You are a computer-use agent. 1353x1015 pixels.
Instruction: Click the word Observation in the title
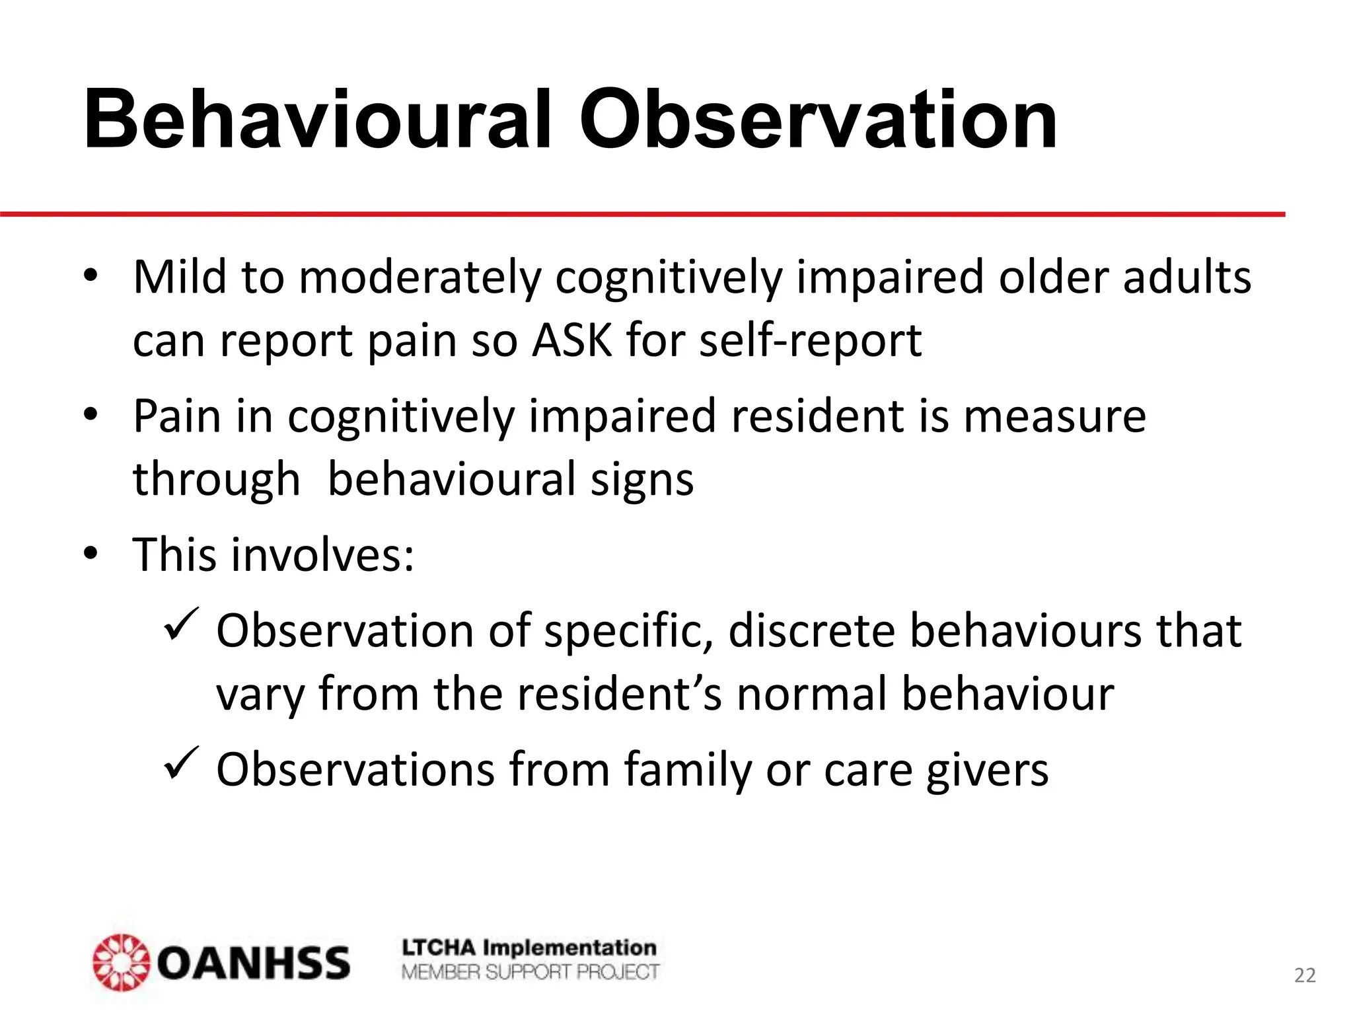[x=818, y=120]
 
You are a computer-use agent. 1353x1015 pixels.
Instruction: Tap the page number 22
[x=1305, y=975]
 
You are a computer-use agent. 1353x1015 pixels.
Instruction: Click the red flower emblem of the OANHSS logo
[x=122, y=962]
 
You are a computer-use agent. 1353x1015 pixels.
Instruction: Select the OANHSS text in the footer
[x=254, y=963]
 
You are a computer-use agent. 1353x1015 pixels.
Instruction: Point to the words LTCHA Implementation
[x=529, y=948]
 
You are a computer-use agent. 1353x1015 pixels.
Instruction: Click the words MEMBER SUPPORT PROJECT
[x=530, y=972]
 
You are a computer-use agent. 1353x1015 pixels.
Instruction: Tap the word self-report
[x=810, y=342]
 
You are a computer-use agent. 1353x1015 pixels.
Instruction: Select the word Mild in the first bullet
[x=180, y=277]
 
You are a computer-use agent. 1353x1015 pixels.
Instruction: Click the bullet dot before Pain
[x=91, y=414]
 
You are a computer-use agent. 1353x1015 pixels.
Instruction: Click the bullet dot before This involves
[x=91, y=553]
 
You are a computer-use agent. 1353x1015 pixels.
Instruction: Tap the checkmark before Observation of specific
[x=180, y=623]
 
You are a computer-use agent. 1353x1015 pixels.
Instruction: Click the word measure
[x=1054, y=416]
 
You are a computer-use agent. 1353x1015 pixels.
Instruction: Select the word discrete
[x=812, y=630]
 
